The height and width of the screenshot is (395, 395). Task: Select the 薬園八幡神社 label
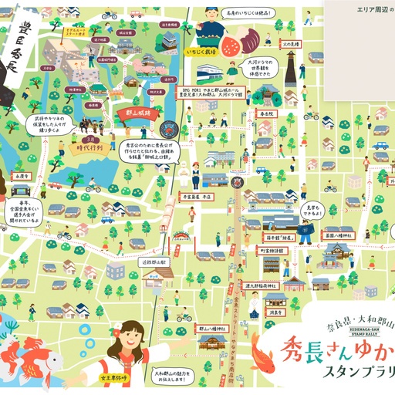[339, 229]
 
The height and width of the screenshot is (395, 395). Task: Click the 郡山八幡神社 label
[191, 328]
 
